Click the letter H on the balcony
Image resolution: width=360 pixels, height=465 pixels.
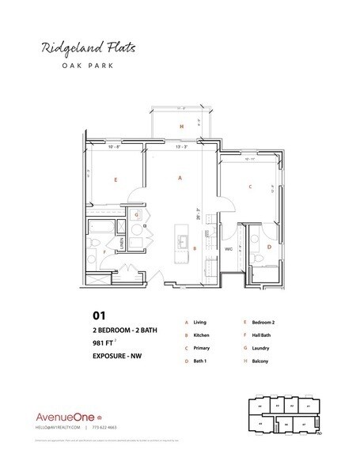point(181,127)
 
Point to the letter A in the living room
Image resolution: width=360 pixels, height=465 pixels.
point(180,179)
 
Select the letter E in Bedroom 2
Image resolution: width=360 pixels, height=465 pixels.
point(116,181)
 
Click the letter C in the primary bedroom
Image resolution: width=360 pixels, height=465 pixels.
point(249,187)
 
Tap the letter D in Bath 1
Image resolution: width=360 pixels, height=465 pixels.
point(269,247)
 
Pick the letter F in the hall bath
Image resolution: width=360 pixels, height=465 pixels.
point(106,254)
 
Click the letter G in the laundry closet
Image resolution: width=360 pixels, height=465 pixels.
point(136,214)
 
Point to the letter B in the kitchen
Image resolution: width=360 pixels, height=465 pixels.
point(195,248)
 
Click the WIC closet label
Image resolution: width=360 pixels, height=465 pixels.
point(228,248)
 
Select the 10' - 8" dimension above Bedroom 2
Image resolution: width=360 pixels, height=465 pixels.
point(114,146)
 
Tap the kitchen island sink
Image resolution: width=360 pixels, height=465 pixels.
point(181,242)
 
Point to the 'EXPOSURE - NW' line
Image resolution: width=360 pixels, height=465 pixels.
point(121,360)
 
